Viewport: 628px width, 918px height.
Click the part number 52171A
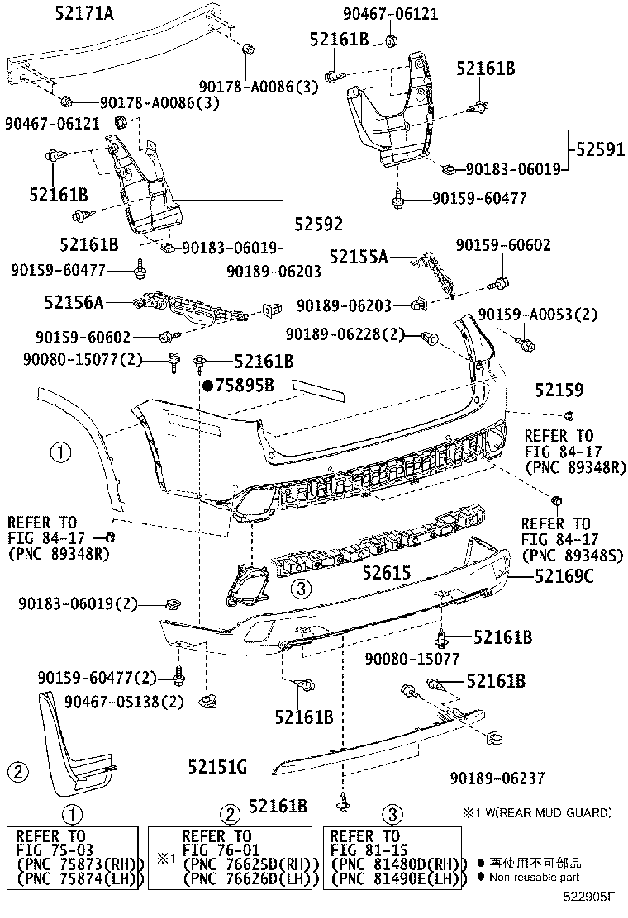coord(78,14)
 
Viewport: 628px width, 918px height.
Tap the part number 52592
coord(315,224)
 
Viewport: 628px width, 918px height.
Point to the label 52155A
coord(359,257)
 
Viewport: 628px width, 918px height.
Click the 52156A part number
coord(74,303)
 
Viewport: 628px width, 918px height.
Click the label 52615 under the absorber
coord(389,571)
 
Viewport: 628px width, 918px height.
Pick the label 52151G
coord(217,768)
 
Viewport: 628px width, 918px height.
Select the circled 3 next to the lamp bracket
coord(301,588)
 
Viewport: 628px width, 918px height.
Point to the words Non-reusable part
coord(533,878)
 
